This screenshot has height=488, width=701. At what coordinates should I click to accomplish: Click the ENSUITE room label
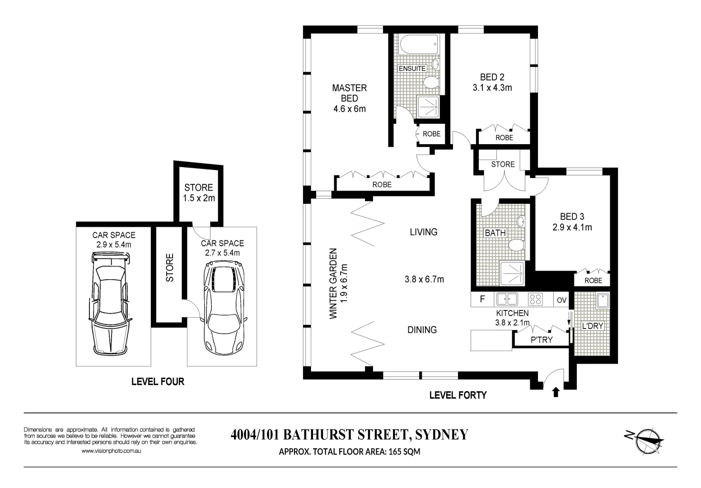[412, 69]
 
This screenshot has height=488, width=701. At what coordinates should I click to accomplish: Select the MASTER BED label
[350, 93]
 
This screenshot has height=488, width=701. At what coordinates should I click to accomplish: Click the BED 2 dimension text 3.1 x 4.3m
[492, 88]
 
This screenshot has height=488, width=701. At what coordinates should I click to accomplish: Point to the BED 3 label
[572, 217]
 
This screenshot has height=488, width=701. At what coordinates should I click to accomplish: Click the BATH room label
[495, 233]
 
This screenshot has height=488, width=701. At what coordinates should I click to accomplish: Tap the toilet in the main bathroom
[516, 245]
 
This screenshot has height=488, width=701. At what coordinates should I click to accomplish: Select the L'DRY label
[593, 326]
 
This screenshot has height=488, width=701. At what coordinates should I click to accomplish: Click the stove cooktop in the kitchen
[536, 299]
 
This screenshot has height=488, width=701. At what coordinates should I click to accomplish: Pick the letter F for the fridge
[482, 299]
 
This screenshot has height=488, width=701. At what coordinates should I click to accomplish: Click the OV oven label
[561, 300]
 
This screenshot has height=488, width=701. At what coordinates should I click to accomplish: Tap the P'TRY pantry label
[542, 340]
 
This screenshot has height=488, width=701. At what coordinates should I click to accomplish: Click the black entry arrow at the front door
[556, 392]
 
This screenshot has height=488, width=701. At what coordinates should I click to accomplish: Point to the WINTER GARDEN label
[334, 283]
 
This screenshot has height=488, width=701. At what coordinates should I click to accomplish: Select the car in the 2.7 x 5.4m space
[224, 310]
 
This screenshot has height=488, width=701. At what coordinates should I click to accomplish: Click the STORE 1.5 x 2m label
[198, 192]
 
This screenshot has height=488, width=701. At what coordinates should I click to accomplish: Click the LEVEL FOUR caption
[158, 382]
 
